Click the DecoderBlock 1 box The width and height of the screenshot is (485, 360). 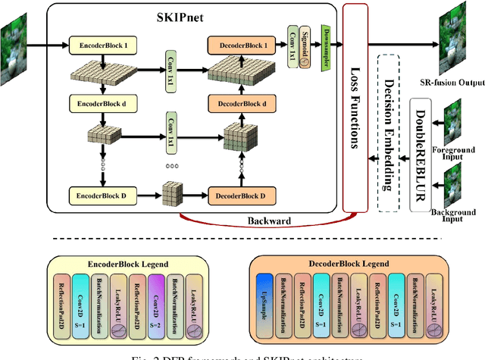(x=240, y=45)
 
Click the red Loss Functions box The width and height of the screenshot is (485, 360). (x=353, y=106)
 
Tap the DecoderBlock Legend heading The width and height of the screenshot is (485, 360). (x=346, y=262)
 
